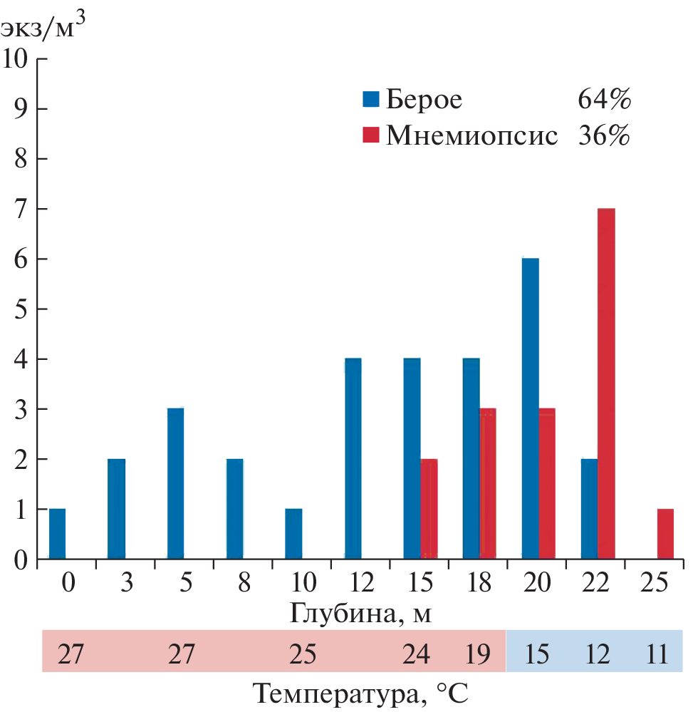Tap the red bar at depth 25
tap(665, 534)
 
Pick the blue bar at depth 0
tap(57, 534)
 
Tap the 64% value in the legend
tap(604, 99)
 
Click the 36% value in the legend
tap(604, 135)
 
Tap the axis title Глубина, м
tap(361, 612)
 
